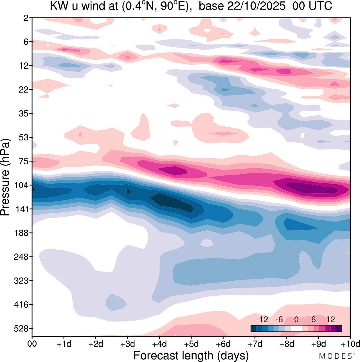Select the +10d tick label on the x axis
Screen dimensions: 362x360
[x=350, y=344]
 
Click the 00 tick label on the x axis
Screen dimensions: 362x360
[x=32, y=344]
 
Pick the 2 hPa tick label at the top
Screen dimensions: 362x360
[x=26, y=18]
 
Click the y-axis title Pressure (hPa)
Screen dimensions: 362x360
[x=5, y=177]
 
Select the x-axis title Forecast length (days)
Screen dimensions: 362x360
[x=191, y=356]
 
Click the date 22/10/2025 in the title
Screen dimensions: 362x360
[x=256, y=6]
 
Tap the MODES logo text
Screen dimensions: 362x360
[x=335, y=356]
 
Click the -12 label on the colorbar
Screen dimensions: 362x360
[x=262, y=319]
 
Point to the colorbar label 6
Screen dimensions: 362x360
[x=313, y=319]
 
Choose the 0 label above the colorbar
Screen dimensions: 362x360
[x=296, y=319]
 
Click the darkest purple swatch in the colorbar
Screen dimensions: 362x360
[x=339, y=328]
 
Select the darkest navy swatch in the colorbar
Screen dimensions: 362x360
[x=253, y=328]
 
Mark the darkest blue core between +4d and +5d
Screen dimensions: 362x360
[x=173, y=203]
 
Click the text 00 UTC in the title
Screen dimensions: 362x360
[x=312, y=6]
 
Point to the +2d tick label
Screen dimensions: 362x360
[x=96, y=344]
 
